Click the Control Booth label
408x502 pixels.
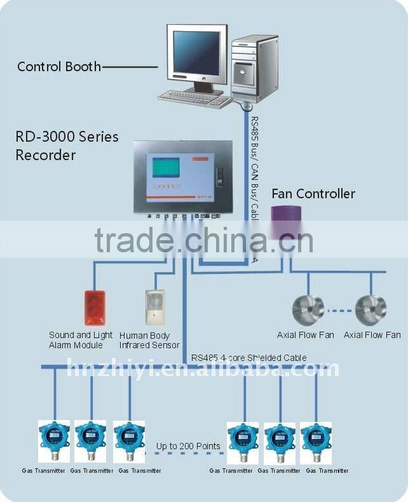pyautogui.click(x=58, y=66)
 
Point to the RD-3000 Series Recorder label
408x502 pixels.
pyautogui.click(x=67, y=146)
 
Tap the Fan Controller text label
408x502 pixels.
pyautogui.click(x=313, y=194)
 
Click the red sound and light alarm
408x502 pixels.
pyautogui.click(x=94, y=308)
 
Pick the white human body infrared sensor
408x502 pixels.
pyautogui.click(x=154, y=308)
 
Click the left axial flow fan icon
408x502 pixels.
pyautogui.click(x=308, y=310)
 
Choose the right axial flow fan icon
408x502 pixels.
pyautogui.click(x=371, y=310)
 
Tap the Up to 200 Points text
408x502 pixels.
pyautogui.click(x=188, y=446)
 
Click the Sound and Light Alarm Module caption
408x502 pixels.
pyautogui.click(x=81, y=340)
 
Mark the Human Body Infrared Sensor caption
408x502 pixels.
pyautogui.click(x=149, y=340)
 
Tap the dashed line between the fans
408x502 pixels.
pyautogui.click(x=339, y=311)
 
